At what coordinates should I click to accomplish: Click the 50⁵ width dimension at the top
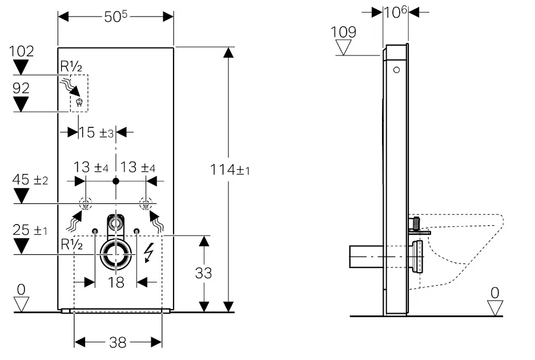(x=116, y=17)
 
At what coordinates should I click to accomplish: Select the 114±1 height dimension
(x=230, y=169)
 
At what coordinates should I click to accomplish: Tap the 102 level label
(x=21, y=51)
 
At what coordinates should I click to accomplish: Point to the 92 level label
(x=21, y=88)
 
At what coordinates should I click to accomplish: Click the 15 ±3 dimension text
(x=96, y=133)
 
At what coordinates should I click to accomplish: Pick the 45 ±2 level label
(x=30, y=179)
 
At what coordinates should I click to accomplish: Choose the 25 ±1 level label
(x=30, y=230)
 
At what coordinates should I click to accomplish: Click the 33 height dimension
(x=203, y=273)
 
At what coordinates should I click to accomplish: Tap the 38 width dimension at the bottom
(x=118, y=342)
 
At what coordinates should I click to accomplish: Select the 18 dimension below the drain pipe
(x=116, y=282)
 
